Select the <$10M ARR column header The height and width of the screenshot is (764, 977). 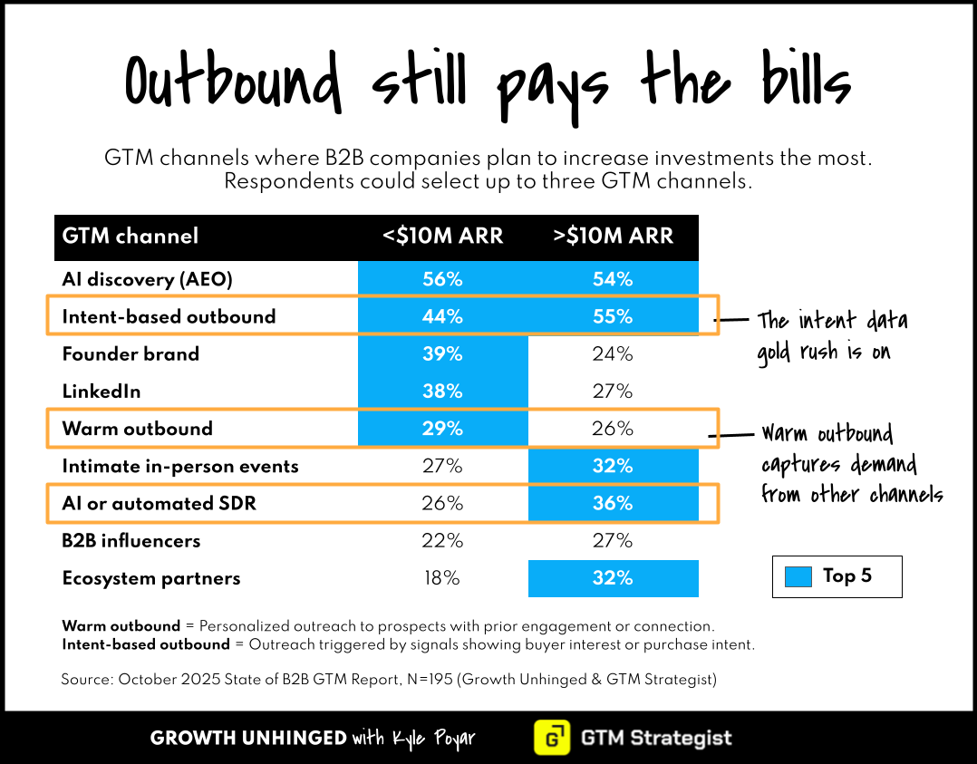pyautogui.click(x=442, y=237)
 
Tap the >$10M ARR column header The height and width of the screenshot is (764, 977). pyautogui.click(x=613, y=237)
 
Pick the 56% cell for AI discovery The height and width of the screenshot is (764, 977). pyautogui.click(x=442, y=279)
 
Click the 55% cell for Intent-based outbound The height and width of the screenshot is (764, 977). pyautogui.click(x=613, y=316)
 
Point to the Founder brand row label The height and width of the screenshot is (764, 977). pyautogui.click(x=131, y=354)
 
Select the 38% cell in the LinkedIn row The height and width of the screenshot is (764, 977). pyautogui.click(x=442, y=392)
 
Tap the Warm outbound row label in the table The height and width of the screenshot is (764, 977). pyautogui.click(x=137, y=429)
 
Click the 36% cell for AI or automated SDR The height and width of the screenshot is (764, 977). pyautogui.click(x=613, y=504)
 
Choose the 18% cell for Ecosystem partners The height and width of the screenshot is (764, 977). pyautogui.click(x=442, y=578)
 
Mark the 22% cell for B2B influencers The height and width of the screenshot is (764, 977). pyautogui.click(x=442, y=541)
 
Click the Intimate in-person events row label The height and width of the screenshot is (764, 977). pyautogui.click(x=180, y=466)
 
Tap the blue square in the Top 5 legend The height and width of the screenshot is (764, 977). pyautogui.click(x=798, y=576)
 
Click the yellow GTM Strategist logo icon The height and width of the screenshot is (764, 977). pyautogui.click(x=552, y=738)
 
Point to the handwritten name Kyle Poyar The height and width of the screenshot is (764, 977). pyautogui.click(x=433, y=739)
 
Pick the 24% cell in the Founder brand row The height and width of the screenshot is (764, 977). pyautogui.click(x=613, y=354)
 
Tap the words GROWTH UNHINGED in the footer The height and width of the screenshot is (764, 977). pyautogui.click(x=248, y=739)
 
